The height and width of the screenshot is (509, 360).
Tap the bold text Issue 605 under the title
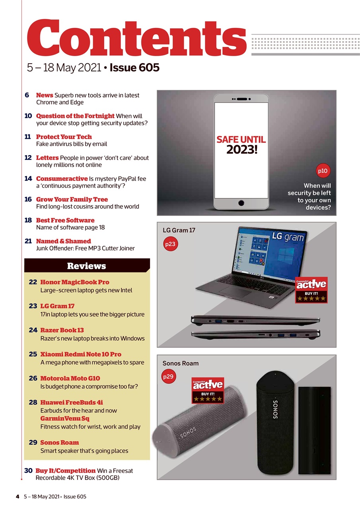tap(134, 68)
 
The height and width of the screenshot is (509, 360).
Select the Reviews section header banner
tap(87, 266)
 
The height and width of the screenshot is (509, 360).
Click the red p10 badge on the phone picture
tap(322, 171)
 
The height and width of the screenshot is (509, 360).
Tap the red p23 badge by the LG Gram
tap(170, 244)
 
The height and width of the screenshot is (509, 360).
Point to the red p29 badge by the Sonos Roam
tap(169, 377)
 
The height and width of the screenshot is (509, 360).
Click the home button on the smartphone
tap(241, 203)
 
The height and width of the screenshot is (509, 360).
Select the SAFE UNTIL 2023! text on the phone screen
tap(241, 145)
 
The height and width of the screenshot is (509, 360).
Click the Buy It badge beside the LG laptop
tap(311, 290)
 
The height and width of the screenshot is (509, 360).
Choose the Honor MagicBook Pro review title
tap(75, 282)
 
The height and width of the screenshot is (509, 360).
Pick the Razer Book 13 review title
tap(62, 330)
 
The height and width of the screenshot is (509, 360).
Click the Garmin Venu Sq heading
tap(65, 418)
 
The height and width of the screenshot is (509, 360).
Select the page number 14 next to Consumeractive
tap(28, 179)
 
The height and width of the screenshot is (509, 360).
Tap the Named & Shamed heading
tap(64, 241)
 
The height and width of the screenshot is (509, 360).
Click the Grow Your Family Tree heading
tap(72, 199)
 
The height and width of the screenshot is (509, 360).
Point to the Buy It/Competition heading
tap(66, 470)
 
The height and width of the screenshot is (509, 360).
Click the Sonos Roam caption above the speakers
tap(181, 363)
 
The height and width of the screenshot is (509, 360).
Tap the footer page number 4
tap(18, 496)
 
